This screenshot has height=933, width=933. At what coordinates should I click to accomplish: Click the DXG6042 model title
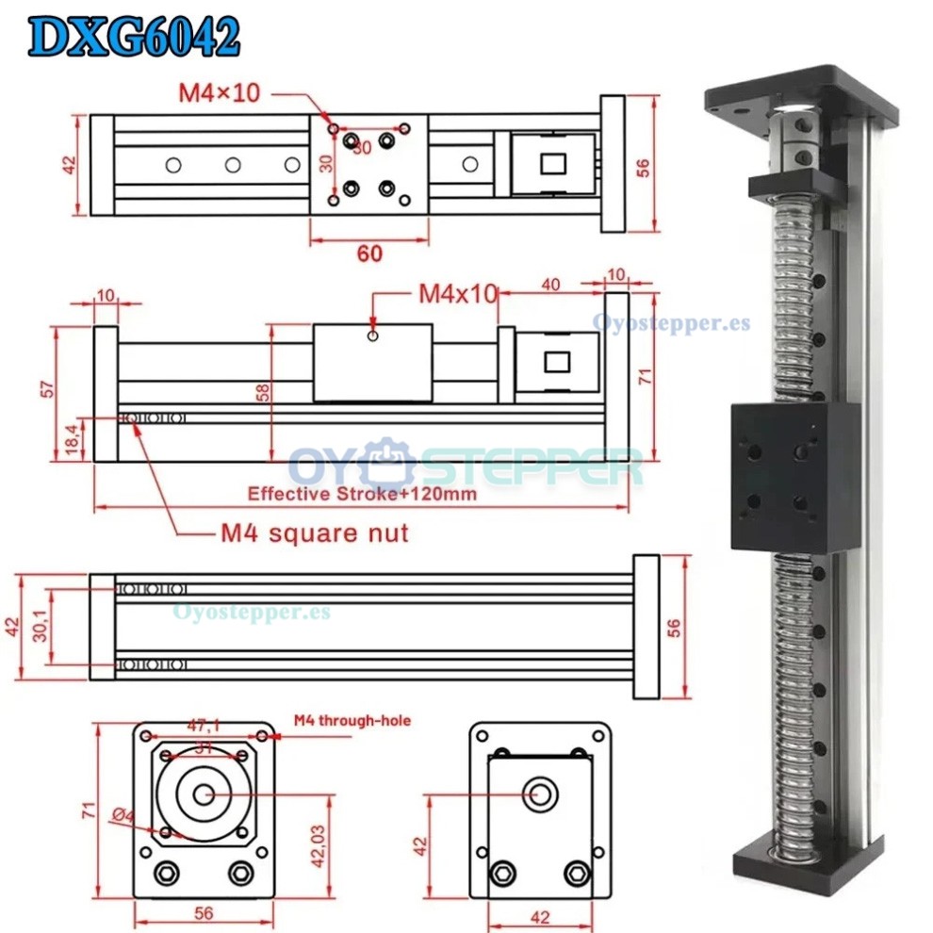(x=134, y=38)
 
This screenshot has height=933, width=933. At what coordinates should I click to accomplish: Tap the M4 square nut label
(x=315, y=534)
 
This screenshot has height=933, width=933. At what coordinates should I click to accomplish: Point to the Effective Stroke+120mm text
(x=362, y=492)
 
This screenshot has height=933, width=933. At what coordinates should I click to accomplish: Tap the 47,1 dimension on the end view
(x=205, y=727)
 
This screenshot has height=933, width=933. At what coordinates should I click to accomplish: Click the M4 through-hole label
(x=352, y=721)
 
